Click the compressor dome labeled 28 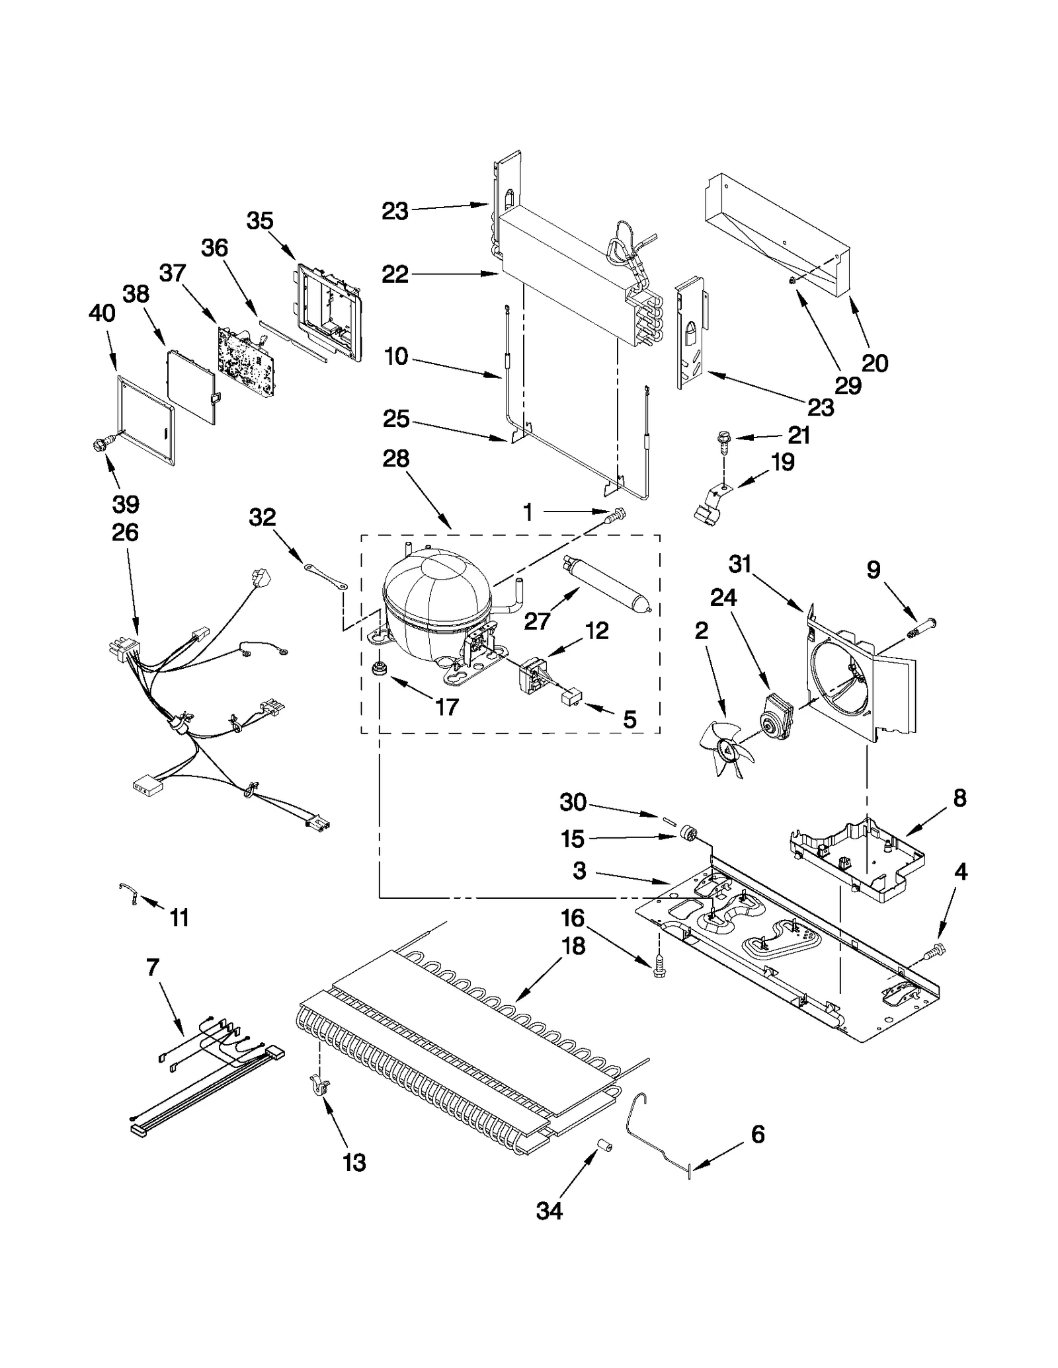tap(436, 591)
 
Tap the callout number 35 tap(260, 221)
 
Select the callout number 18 tap(573, 946)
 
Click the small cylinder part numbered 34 tap(604, 1145)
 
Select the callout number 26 tap(125, 532)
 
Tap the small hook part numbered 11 tap(128, 893)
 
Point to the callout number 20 tap(874, 363)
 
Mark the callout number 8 tap(959, 798)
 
